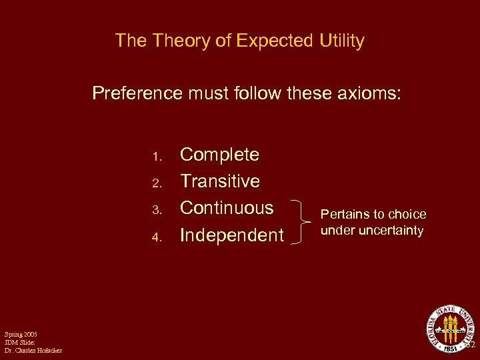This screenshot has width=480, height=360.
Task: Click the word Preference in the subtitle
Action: [x=137, y=93]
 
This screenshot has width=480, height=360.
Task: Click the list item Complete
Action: [x=220, y=155]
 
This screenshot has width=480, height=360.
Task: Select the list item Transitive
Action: [x=220, y=181]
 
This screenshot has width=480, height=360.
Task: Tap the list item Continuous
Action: [x=227, y=208]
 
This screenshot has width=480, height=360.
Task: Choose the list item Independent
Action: [x=231, y=235]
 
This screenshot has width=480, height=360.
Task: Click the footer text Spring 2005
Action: [x=20, y=333]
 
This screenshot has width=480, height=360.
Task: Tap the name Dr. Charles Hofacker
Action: [x=33, y=350]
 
